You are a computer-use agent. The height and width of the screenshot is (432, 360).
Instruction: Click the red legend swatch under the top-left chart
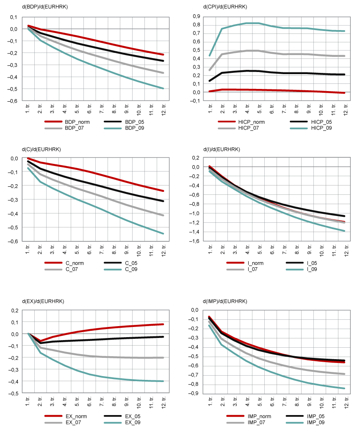click(53, 122)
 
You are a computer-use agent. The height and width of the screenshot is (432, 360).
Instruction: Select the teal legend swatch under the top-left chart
click(113, 128)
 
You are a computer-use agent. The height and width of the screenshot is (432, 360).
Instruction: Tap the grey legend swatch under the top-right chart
click(227, 128)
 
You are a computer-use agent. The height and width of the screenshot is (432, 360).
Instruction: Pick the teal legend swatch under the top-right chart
click(299, 128)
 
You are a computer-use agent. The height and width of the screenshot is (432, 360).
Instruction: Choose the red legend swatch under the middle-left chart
click(53, 263)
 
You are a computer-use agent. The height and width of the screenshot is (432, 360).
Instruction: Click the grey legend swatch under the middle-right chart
click(235, 269)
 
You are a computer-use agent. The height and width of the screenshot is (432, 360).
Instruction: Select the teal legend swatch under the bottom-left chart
click(113, 423)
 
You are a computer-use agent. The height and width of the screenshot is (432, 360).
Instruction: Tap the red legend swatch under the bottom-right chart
click(235, 416)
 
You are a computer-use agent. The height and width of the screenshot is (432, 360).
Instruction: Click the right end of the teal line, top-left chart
click(163, 88)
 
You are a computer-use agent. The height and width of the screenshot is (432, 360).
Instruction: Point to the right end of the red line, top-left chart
click(163, 55)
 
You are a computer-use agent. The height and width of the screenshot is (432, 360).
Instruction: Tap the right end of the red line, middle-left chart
click(163, 191)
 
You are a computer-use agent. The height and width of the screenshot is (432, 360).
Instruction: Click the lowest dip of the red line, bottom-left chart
click(41, 341)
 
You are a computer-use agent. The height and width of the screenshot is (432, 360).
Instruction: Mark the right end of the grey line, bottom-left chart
click(163, 357)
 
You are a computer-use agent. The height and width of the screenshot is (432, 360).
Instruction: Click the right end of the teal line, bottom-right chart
click(344, 388)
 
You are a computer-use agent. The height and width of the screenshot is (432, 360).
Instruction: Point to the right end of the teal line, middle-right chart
click(344, 231)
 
